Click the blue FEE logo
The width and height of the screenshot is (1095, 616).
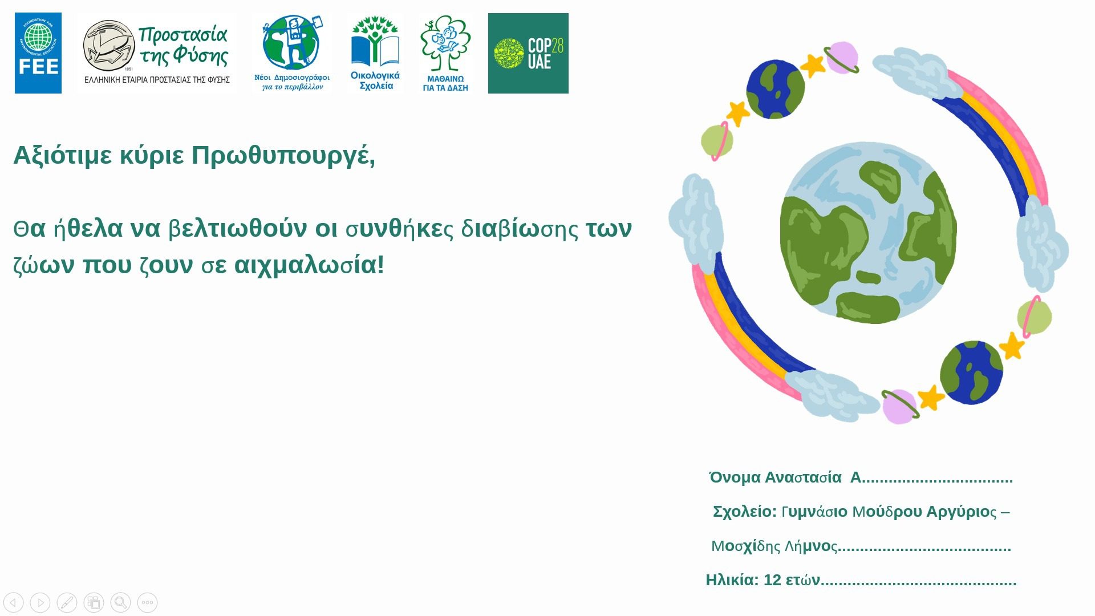point(38,53)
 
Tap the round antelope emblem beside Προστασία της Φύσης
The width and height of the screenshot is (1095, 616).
point(109,46)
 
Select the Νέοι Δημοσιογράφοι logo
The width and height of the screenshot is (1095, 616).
point(292,53)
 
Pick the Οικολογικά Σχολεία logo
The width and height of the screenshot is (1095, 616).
point(375,53)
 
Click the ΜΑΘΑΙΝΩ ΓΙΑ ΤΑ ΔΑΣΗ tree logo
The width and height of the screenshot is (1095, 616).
point(445,53)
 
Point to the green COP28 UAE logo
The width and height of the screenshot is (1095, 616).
point(528,53)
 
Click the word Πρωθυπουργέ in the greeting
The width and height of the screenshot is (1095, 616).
point(283,155)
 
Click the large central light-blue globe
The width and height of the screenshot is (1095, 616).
point(868,233)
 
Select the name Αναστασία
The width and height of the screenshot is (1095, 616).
point(803,477)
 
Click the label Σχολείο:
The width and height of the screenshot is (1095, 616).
point(745,512)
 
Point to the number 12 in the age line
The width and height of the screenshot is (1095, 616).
point(772,580)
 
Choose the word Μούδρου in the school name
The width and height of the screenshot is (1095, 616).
point(887,512)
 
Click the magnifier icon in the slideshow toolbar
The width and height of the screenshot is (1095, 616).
point(120,602)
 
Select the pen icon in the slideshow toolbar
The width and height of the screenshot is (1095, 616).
point(67,602)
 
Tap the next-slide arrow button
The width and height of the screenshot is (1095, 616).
point(40,602)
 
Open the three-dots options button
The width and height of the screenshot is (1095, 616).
point(147,602)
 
